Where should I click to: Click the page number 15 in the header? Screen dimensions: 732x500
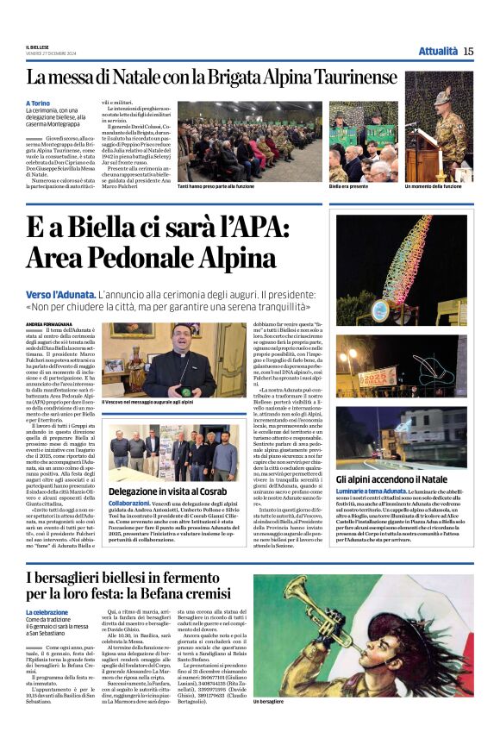click(468, 51)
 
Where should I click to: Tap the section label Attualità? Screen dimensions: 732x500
click(438, 51)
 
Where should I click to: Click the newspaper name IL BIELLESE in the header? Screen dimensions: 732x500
click(37, 47)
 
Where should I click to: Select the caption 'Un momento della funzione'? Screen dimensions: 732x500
click(440, 186)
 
